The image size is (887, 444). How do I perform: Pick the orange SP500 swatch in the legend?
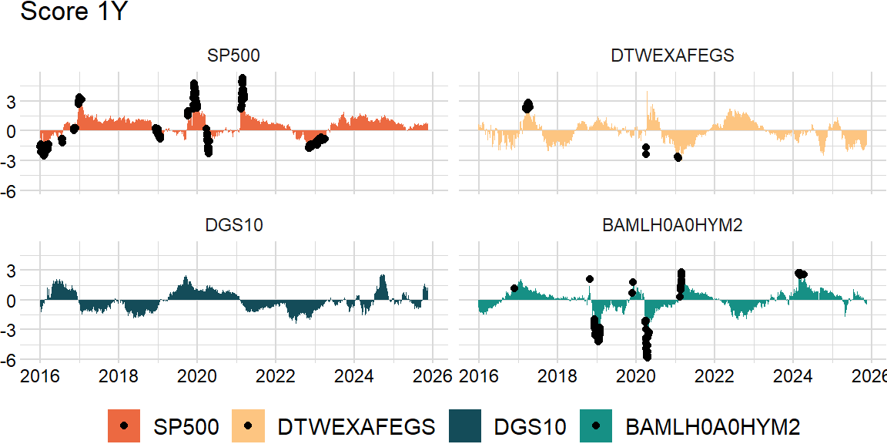coord(125,425)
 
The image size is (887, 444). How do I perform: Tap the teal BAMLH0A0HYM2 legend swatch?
coord(597,425)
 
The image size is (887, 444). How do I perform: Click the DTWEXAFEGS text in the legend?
coord(356,426)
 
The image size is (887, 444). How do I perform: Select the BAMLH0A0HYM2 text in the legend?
coord(713,426)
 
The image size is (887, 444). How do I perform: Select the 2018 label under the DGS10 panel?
coord(118,377)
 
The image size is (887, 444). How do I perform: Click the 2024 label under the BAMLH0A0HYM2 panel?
coord(793,377)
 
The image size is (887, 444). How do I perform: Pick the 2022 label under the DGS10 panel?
coord(276,377)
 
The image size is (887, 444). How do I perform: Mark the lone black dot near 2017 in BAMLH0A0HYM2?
coord(514,288)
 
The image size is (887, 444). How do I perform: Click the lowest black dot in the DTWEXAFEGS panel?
coord(678,157)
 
